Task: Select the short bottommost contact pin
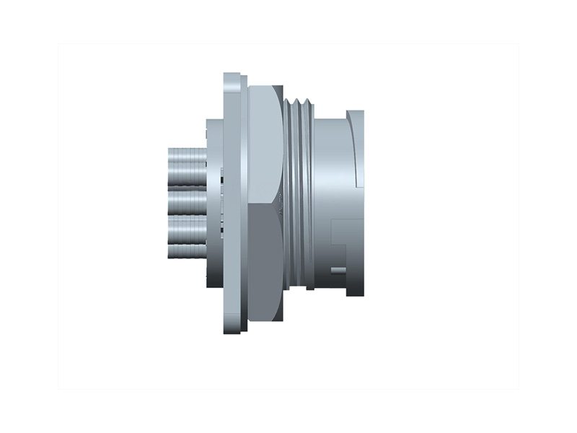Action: (x=186, y=253)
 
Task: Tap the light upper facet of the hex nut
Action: (x=264, y=144)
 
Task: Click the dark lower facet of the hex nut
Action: (x=264, y=260)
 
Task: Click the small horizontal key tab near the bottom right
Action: (x=338, y=271)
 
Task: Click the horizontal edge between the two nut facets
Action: (x=264, y=204)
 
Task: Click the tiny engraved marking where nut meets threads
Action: (x=283, y=204)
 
